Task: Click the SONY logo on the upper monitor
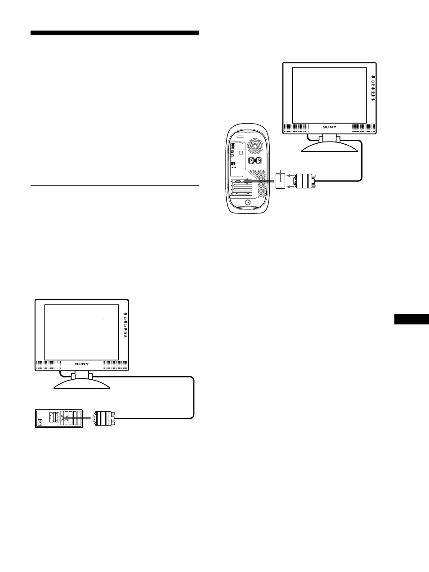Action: tap(329, 127)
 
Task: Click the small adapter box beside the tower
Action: tap(280, 182)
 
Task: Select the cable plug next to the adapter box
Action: tap(304, 182)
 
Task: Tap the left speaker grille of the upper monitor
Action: tap(296, 128)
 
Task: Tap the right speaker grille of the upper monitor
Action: tap(362, 128)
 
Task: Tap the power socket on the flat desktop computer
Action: tap(41, 421)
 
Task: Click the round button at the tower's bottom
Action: tap(248, 202)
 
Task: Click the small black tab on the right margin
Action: tap(411, 319)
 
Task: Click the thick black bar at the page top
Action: tap(115, 33)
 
